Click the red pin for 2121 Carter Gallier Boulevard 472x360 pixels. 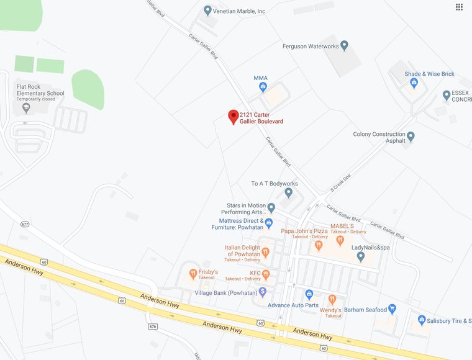(x=234, y=116)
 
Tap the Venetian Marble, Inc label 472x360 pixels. (x=240, y=11)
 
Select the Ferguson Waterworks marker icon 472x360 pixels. (x=345, y=45)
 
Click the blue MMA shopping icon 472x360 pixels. (x=263, y=87)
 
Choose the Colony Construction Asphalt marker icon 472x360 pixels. (x=411, y=137)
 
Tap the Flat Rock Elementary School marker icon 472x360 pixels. (x=25, y=107)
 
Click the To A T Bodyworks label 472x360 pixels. (x=274, y=184)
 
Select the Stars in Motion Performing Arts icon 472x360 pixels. (x=271, y=207)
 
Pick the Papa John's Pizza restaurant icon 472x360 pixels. (x=319, y=245)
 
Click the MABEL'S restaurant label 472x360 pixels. (x=342, y=226)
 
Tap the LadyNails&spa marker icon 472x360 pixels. (x=361, y=256)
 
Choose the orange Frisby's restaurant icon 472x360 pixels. (x=193, y=274)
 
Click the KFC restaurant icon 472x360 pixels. (x=266, y=274)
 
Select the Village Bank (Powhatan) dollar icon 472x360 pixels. (x=263, y=292)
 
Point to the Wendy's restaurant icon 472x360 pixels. (x=332, y=299)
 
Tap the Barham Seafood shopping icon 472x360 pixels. (x=392, y=309)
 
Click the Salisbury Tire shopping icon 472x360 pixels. (x=422, y=320)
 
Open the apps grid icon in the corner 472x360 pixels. (x=459, y=7)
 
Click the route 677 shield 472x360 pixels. (x=25, y=223)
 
